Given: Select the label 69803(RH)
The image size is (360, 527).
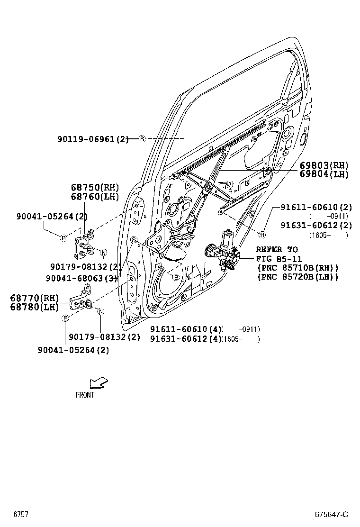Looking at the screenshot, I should pyautogui.click(x=324, y=165).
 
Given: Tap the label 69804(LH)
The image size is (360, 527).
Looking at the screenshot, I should pyautogui.click(x=324, y=174).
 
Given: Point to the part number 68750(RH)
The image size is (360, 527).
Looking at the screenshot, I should pyautogui.click(x=95, y=188).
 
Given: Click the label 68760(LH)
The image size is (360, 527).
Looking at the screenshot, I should pyautogui.click(x=95, y=196).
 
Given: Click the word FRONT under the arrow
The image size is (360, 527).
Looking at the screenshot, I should pyautogui.click(x=85, y=395).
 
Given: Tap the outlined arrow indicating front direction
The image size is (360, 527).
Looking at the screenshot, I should pyautogui.click(x=99, y=382).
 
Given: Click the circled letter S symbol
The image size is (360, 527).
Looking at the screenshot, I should pyautogui.click(x=134, y=239).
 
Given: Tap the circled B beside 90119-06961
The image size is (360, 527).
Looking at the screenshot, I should pyautogui.click(x=142, y=139).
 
